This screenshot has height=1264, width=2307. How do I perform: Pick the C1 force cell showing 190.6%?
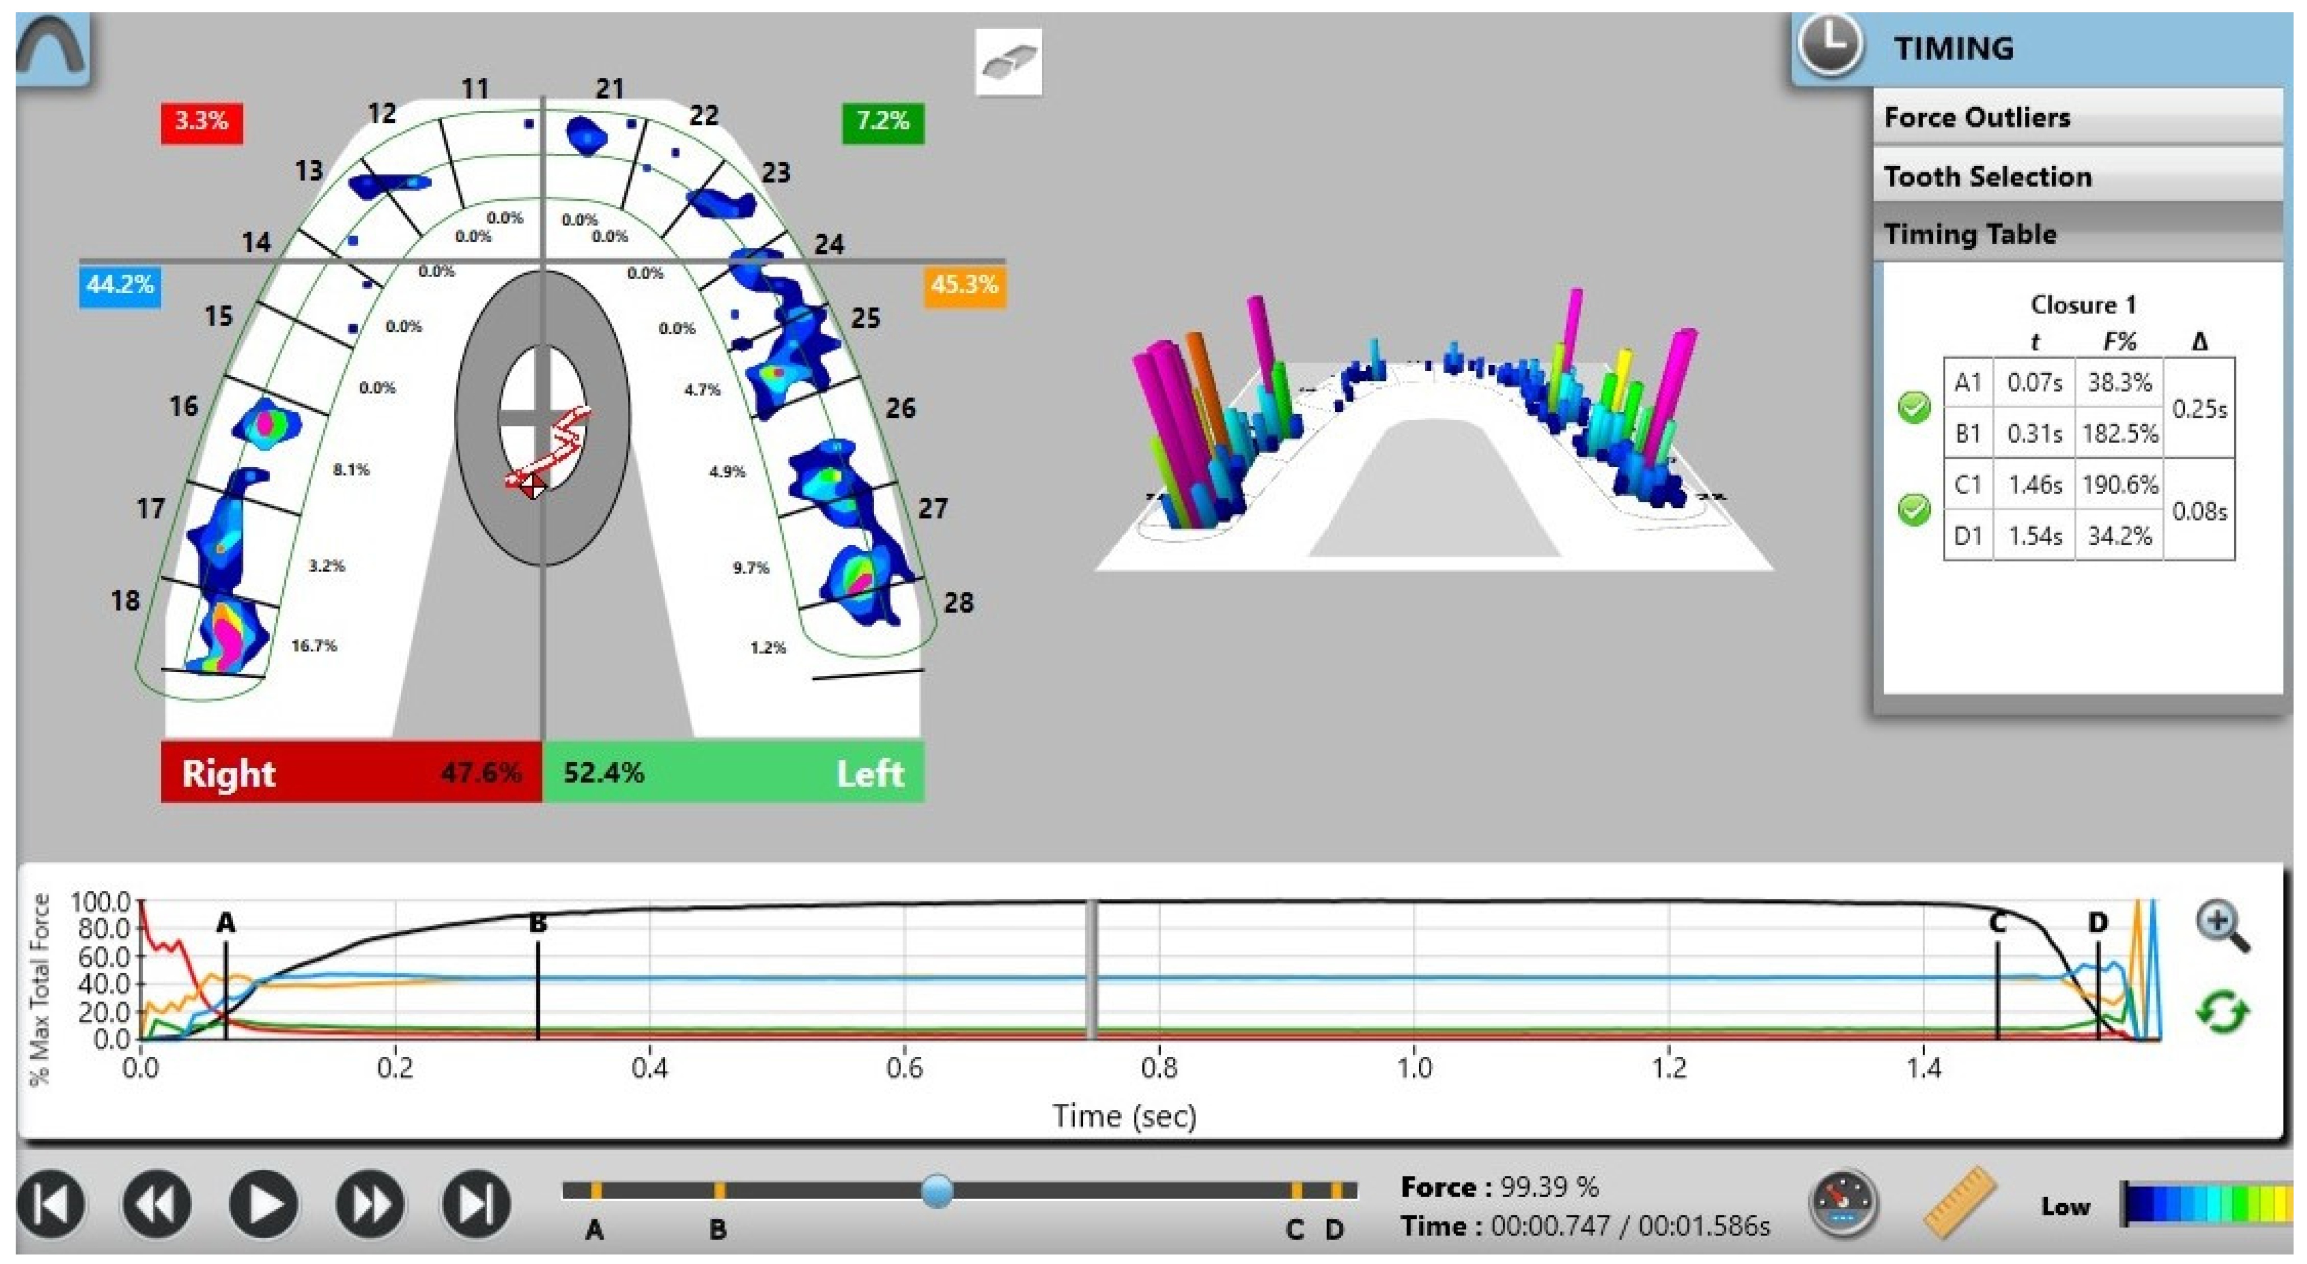[2119, 485]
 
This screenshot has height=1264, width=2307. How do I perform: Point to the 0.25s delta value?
[2199, 409]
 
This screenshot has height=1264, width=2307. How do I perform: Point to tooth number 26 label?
[901, 408]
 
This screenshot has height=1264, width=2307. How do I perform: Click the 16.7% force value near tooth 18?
[314, 645]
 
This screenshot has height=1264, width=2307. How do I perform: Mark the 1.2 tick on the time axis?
[1669, 1068]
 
